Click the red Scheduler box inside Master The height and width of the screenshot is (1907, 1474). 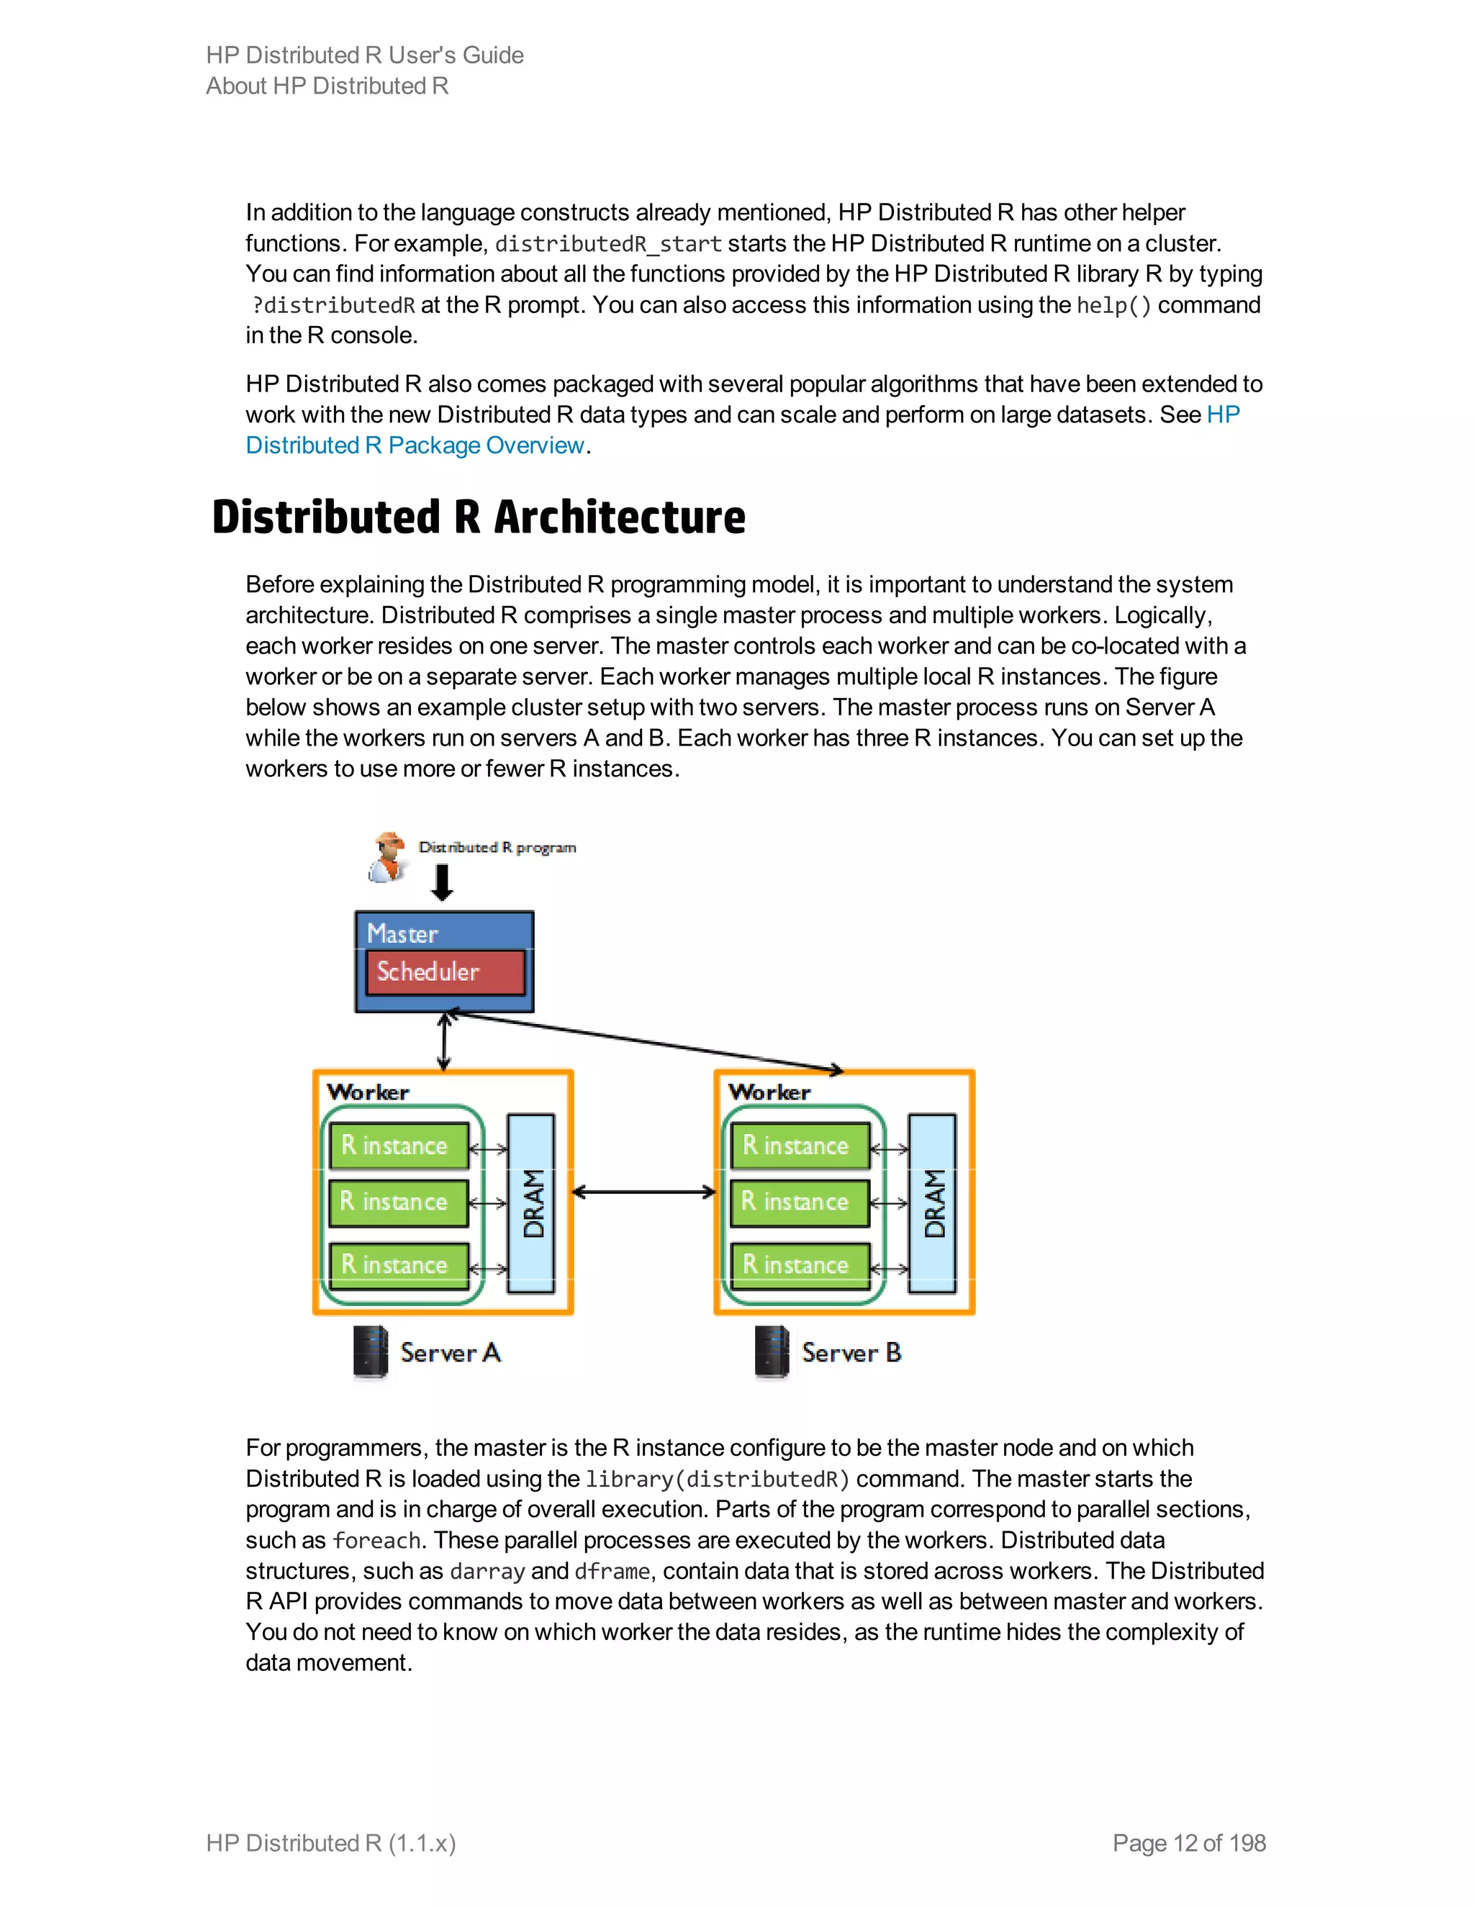[446, 971]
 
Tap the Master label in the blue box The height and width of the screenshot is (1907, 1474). [402, 933]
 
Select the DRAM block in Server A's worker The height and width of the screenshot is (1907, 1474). [531, 1202]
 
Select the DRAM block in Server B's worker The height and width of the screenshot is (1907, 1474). [933, 1202]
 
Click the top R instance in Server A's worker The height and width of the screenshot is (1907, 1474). [399, 1146]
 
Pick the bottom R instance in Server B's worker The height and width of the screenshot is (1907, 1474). [800, 1265]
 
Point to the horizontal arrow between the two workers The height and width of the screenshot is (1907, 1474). [643, 1192]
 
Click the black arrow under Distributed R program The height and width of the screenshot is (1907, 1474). [443, 882]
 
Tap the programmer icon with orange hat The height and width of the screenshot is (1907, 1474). [388, 856]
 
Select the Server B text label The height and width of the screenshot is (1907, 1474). [851, 1353]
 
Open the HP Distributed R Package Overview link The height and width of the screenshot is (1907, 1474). [415, 445]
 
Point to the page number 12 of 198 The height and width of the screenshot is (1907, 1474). [1188, 1842]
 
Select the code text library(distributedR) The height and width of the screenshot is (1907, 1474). [717, 1479]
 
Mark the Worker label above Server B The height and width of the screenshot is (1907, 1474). [769, 1092]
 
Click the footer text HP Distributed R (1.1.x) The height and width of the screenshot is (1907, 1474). [331, 1842]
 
